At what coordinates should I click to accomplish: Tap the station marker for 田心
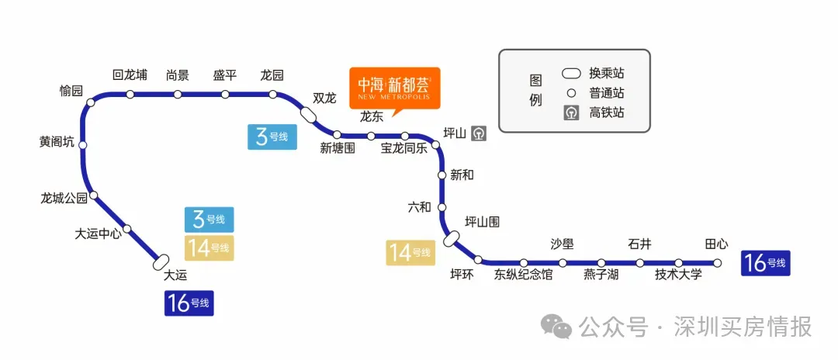[718, 263]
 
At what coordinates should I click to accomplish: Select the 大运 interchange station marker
[162, 262]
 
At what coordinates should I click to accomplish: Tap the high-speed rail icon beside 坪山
[480, 133]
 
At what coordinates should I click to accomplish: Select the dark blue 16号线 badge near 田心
[765, 263]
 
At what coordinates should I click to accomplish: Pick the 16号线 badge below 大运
[189, 303]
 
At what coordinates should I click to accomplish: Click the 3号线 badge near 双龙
[272, 137]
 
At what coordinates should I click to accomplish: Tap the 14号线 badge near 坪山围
[410, 252]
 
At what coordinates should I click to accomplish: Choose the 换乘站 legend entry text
[607, 74]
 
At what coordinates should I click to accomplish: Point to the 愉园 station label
[71, 91]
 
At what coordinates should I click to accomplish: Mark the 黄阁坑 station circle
[83, 144]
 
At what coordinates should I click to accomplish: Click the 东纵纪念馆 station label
[524, 275]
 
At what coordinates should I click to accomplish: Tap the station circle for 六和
[442, 207]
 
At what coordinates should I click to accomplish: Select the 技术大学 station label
[678, 275]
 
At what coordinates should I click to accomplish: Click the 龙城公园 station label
[64, 198]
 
